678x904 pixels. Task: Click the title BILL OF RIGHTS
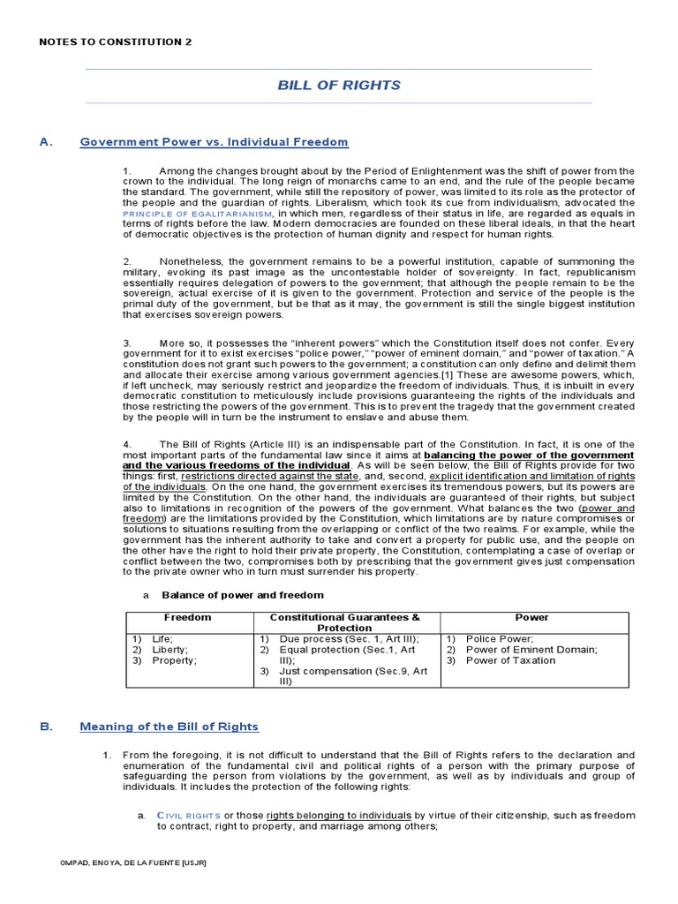tap(339, 86)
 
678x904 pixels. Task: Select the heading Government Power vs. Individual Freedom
tap(214, 141)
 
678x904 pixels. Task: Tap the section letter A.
tap(44, 141)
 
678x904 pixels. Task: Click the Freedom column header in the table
tap(186, 618)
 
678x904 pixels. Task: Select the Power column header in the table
tap(532, 618)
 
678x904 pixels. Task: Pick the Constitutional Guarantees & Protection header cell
tap(345, 622)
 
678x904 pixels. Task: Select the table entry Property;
tap(174, 660)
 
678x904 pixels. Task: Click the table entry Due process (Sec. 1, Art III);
tap(349, 638)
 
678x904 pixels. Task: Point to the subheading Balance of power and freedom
tap(230, 595)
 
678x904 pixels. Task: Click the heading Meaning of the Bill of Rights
tap(169, 727)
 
